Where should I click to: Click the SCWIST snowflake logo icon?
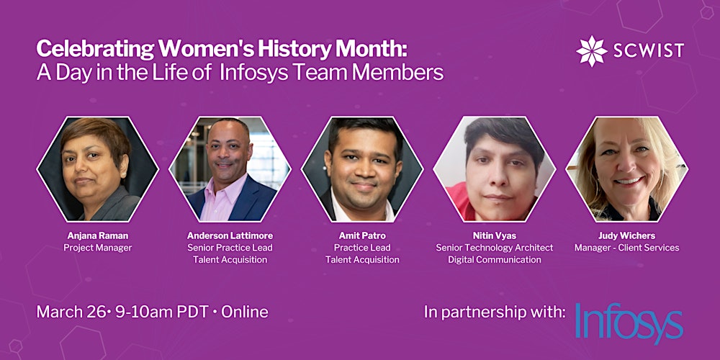point(592,50)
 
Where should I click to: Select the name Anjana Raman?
point(97,235)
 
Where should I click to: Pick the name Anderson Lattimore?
point(230,235)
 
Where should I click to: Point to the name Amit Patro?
point(361,235)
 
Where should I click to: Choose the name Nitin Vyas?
point(494,235)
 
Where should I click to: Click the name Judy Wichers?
point(626,235)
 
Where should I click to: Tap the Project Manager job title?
point(97,248)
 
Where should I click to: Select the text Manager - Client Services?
point(626,248)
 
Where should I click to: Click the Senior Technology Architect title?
point(494,248)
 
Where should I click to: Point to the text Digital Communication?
point(494,260)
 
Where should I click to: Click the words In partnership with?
point(495,312)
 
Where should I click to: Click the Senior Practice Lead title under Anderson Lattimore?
point(230,248)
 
